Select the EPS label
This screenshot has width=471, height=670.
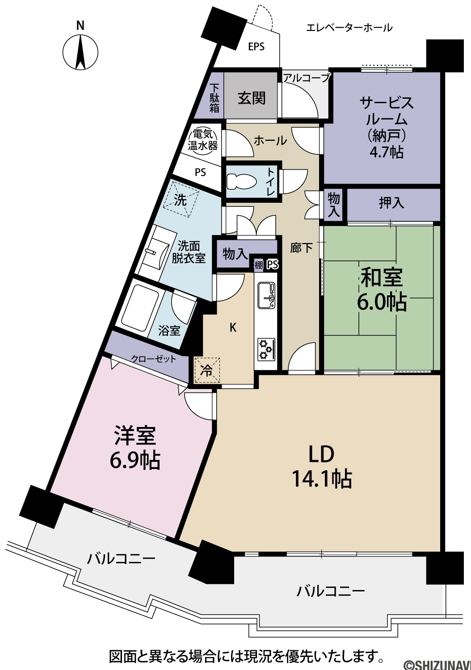[257, 46]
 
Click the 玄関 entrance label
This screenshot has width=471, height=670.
[252, 98]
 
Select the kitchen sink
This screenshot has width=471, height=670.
[266, 296]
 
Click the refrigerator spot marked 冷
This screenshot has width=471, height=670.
[207, 370]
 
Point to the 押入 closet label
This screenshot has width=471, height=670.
[391, 203]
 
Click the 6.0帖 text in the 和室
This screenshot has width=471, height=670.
[382, 302]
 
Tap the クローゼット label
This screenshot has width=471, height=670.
[154, 359]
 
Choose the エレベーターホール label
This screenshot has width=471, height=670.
[349, 28]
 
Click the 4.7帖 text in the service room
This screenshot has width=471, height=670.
[387, 152]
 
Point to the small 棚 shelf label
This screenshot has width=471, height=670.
[259, 265]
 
